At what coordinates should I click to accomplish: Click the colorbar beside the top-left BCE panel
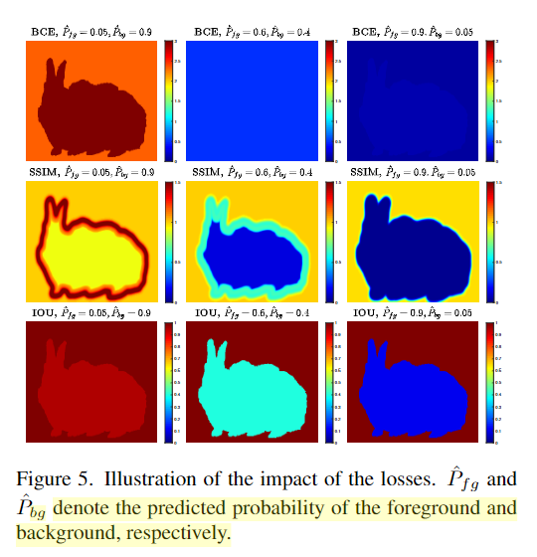click(x=170, y=99)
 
